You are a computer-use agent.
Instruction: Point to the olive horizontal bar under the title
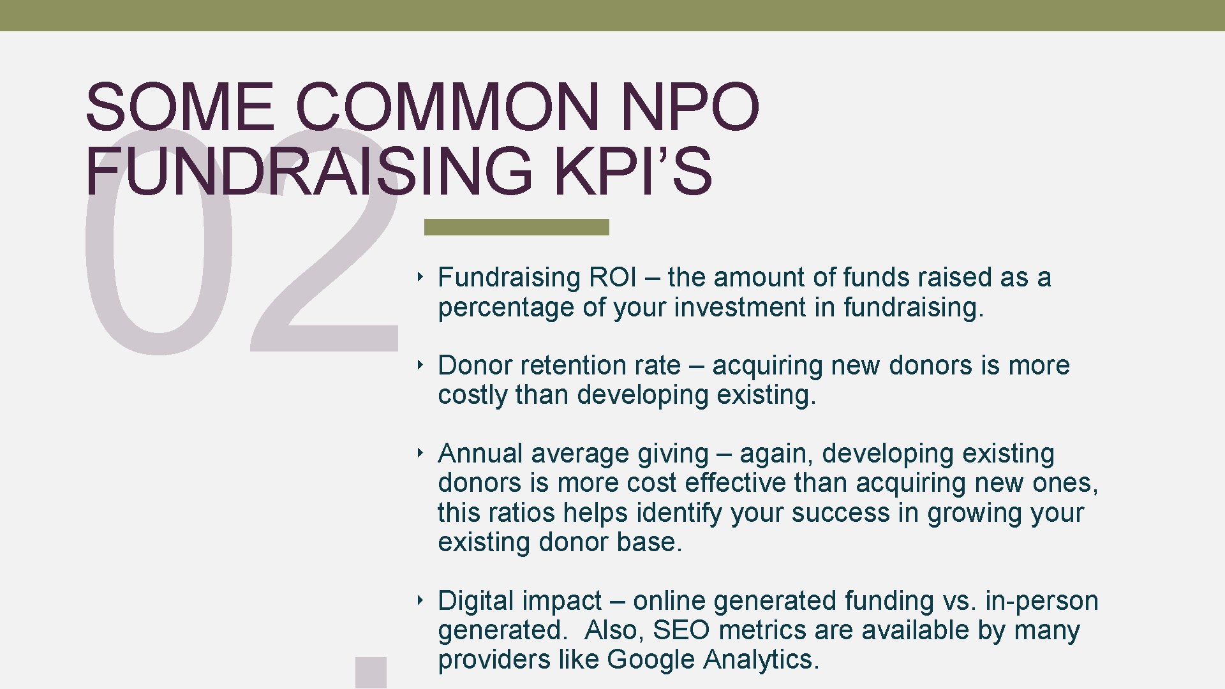coord(517,226)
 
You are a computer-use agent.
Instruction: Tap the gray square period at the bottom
coord(371,672)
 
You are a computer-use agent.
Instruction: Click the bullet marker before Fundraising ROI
coord(420,277)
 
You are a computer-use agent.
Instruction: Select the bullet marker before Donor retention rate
coord(420,365)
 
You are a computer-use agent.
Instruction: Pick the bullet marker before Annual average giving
coord(420,453)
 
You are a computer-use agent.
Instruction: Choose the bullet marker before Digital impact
coord(420,600)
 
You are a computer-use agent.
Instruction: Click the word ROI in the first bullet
coord(612,278)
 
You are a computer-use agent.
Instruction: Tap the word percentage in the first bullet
coord(506,307)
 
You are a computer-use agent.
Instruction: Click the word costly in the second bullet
coord(472,395)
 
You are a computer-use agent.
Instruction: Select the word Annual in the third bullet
coord(480,454)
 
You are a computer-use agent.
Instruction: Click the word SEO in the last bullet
coord(681,630)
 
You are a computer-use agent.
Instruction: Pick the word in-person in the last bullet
coord(1042,601)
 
